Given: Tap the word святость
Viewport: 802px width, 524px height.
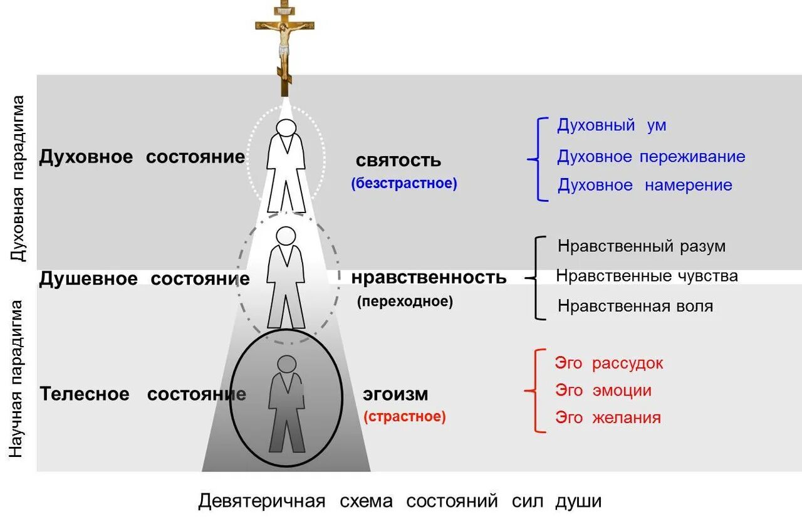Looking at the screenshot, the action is (x=398, y=160).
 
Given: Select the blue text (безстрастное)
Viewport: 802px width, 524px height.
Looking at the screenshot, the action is (x=404, y=184).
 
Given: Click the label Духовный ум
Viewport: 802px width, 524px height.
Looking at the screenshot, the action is (x=612, y=125).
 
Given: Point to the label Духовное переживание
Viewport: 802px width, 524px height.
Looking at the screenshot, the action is (x=651, y=156).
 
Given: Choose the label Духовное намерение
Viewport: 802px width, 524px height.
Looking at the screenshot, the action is (x=645, y=185).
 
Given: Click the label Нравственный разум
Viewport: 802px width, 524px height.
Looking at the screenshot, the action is (x=642, y=246).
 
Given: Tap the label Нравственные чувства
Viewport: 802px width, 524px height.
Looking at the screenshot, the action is (x=647, y=276).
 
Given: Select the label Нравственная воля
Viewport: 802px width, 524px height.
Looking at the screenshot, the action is (x=635, y=307).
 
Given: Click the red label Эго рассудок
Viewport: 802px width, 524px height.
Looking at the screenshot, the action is (x=609, y=363).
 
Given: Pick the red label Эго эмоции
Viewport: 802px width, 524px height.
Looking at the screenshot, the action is (x=603, y=390).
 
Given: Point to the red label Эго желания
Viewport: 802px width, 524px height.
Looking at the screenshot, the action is (x=608, y=417).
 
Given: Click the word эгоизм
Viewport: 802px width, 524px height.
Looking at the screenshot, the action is (x=395, y=395).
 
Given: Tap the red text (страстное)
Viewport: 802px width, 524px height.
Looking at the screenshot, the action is (x=405, y=417).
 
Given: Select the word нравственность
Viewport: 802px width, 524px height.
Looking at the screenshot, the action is (x=429, y=277).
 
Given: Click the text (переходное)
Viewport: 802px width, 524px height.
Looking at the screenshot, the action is (x=405, y=301).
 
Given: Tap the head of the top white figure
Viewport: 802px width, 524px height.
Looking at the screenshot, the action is (x=286, y=128).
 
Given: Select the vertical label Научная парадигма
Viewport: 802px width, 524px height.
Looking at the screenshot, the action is (x=17, y=379).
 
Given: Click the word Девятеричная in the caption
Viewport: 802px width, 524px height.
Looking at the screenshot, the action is (x=262, y=501).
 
